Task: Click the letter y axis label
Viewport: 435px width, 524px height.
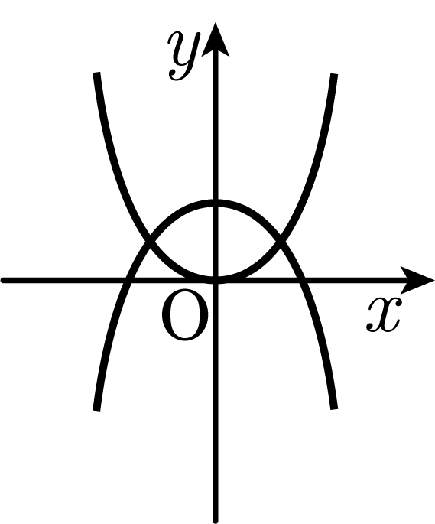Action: point(185,56)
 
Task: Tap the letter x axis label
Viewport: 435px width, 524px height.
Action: point(383,315)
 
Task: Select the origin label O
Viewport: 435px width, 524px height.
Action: point(185,317)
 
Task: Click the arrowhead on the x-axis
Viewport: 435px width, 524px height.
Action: point(417,280)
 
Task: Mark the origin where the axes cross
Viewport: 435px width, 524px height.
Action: point(216,280)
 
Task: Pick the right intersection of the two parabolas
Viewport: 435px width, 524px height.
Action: point(281,240)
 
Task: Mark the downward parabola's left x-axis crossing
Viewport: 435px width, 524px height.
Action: point(128,280)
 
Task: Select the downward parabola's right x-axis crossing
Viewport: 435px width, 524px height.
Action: point(303,280)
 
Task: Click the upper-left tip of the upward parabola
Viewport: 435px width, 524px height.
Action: point(96,73)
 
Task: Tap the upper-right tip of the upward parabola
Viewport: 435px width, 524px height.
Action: point(334,74)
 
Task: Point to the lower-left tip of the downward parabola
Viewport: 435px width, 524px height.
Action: point(96,410)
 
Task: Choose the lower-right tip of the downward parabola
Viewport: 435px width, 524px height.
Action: point(334,408)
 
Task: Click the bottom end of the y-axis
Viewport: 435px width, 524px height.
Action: point(216,521)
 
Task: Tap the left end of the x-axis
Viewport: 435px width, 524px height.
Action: point(2,280)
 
